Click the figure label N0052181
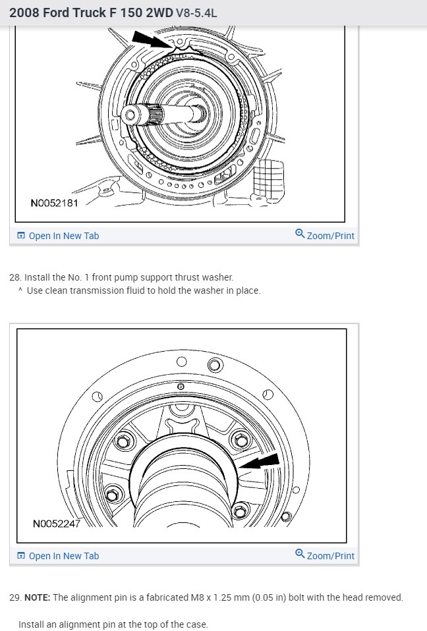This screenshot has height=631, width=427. (x=54, y=203)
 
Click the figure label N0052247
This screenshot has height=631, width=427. (x=57, y=524)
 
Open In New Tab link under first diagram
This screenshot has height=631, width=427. (x=63, y=236)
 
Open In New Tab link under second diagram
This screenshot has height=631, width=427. (x=63, y=556)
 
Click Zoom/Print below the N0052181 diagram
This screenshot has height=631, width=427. (x=330, y=236)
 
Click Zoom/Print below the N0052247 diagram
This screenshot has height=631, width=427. (x=330, y=556)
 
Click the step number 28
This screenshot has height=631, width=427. (x=14, y=278)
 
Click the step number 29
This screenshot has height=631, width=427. (x=14, y=598)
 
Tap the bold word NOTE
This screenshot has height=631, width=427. (x=36, y=598)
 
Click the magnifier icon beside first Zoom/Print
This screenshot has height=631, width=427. (x=300, y=234)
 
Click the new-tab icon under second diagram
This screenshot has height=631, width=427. (x=21, y=556)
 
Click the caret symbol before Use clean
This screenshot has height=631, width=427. (x=21, y=290)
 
